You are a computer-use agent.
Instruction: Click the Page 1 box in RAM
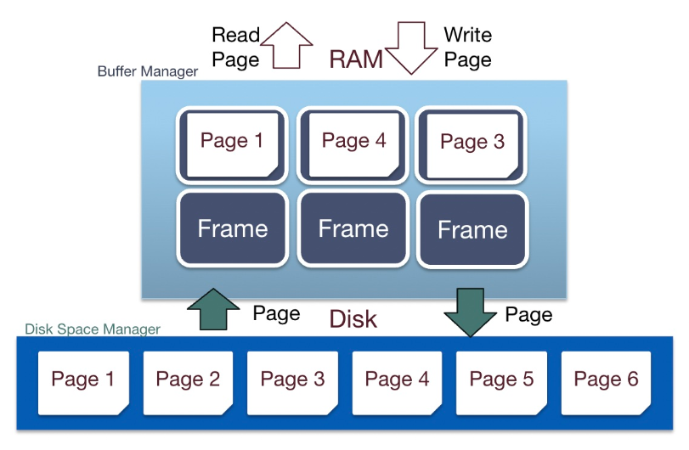[232, 144]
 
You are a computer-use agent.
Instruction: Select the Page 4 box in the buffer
[353, 144]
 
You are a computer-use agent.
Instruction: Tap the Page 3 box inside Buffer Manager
[473, 145]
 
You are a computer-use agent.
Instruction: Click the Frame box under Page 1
[232, 228]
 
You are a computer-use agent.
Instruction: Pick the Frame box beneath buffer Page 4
[353, 228]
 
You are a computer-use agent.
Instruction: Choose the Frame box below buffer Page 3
[473, 229]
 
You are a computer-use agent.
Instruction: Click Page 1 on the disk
[83, 380]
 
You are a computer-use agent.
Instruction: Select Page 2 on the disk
[188, 380]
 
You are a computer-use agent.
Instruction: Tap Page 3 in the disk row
[292, 380]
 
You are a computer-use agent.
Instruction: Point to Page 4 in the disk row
[397, 380]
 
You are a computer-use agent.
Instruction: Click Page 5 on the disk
[501, 380]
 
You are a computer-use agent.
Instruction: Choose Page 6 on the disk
[606, 380]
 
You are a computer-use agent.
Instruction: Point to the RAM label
[355, 59]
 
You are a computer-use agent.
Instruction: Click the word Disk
[353, 320]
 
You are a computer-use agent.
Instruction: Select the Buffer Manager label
[148, 72]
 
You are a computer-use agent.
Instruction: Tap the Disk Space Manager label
[93, 329]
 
